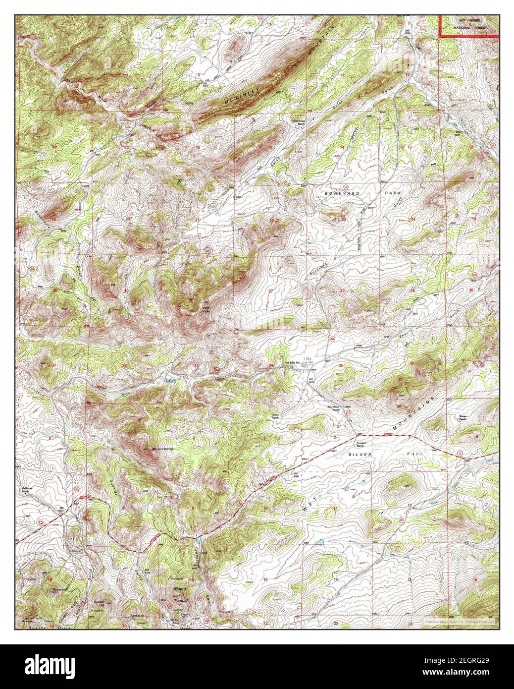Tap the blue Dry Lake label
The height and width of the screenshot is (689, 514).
309,360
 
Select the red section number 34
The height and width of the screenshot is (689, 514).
270,366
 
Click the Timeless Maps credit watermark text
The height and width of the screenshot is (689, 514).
459,621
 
